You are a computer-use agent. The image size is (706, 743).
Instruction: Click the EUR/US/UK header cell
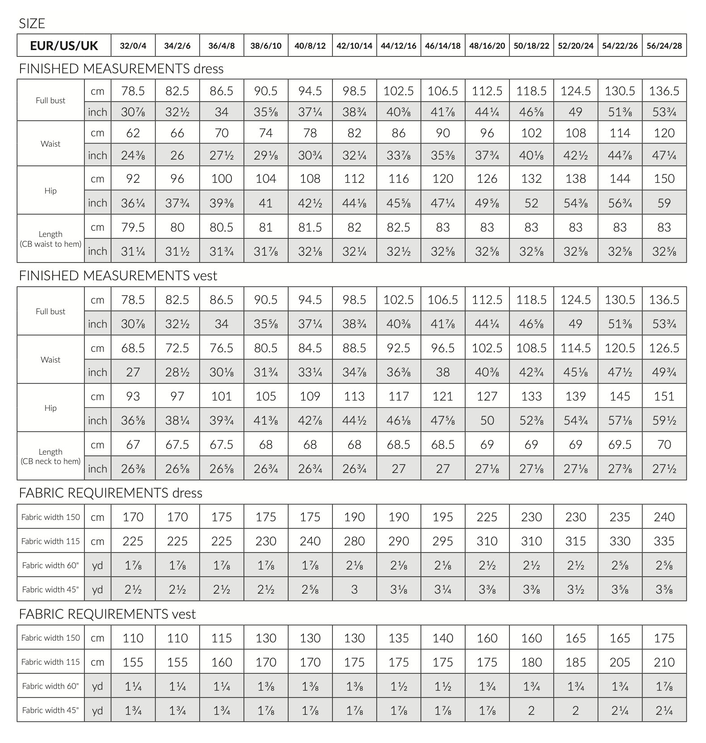64,46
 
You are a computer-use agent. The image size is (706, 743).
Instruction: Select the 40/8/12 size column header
310,46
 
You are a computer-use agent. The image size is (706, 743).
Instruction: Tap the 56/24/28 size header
664,46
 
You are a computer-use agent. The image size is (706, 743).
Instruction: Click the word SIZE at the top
32,24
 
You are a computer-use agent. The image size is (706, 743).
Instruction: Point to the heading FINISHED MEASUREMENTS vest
118,276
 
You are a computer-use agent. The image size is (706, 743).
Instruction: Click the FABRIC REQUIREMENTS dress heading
110,493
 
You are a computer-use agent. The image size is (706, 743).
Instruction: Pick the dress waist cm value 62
133,133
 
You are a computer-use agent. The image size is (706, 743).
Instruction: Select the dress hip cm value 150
664,179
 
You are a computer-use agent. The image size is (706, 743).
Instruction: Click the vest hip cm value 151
664,397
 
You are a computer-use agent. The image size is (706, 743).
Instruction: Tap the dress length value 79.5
133,227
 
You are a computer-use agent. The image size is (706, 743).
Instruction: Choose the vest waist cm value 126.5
664,348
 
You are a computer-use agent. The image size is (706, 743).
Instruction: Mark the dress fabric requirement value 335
664,541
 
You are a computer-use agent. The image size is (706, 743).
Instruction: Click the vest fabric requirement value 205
620,662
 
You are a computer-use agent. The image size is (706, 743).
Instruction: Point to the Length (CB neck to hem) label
50,456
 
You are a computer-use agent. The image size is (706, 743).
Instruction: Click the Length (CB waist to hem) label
50,239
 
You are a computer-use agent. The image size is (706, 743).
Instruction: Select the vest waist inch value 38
443,372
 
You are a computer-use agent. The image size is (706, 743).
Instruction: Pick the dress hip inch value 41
266,203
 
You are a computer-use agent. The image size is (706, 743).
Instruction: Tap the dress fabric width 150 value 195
443,517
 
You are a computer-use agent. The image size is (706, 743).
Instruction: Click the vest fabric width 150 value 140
443,638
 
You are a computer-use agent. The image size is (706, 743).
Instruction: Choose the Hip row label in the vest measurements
50,408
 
